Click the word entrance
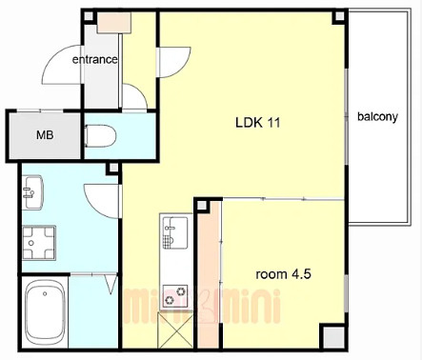94,59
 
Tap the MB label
45,135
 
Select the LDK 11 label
258,123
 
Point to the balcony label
377,117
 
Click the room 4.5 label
283,274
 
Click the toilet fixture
100,136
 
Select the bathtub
45,313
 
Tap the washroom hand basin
32,192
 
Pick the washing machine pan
39,243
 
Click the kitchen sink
174,232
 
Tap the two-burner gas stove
175,296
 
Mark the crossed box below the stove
175,330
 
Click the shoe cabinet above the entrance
114,22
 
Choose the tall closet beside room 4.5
209,274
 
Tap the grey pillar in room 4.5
333,337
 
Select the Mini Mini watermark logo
202,307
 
